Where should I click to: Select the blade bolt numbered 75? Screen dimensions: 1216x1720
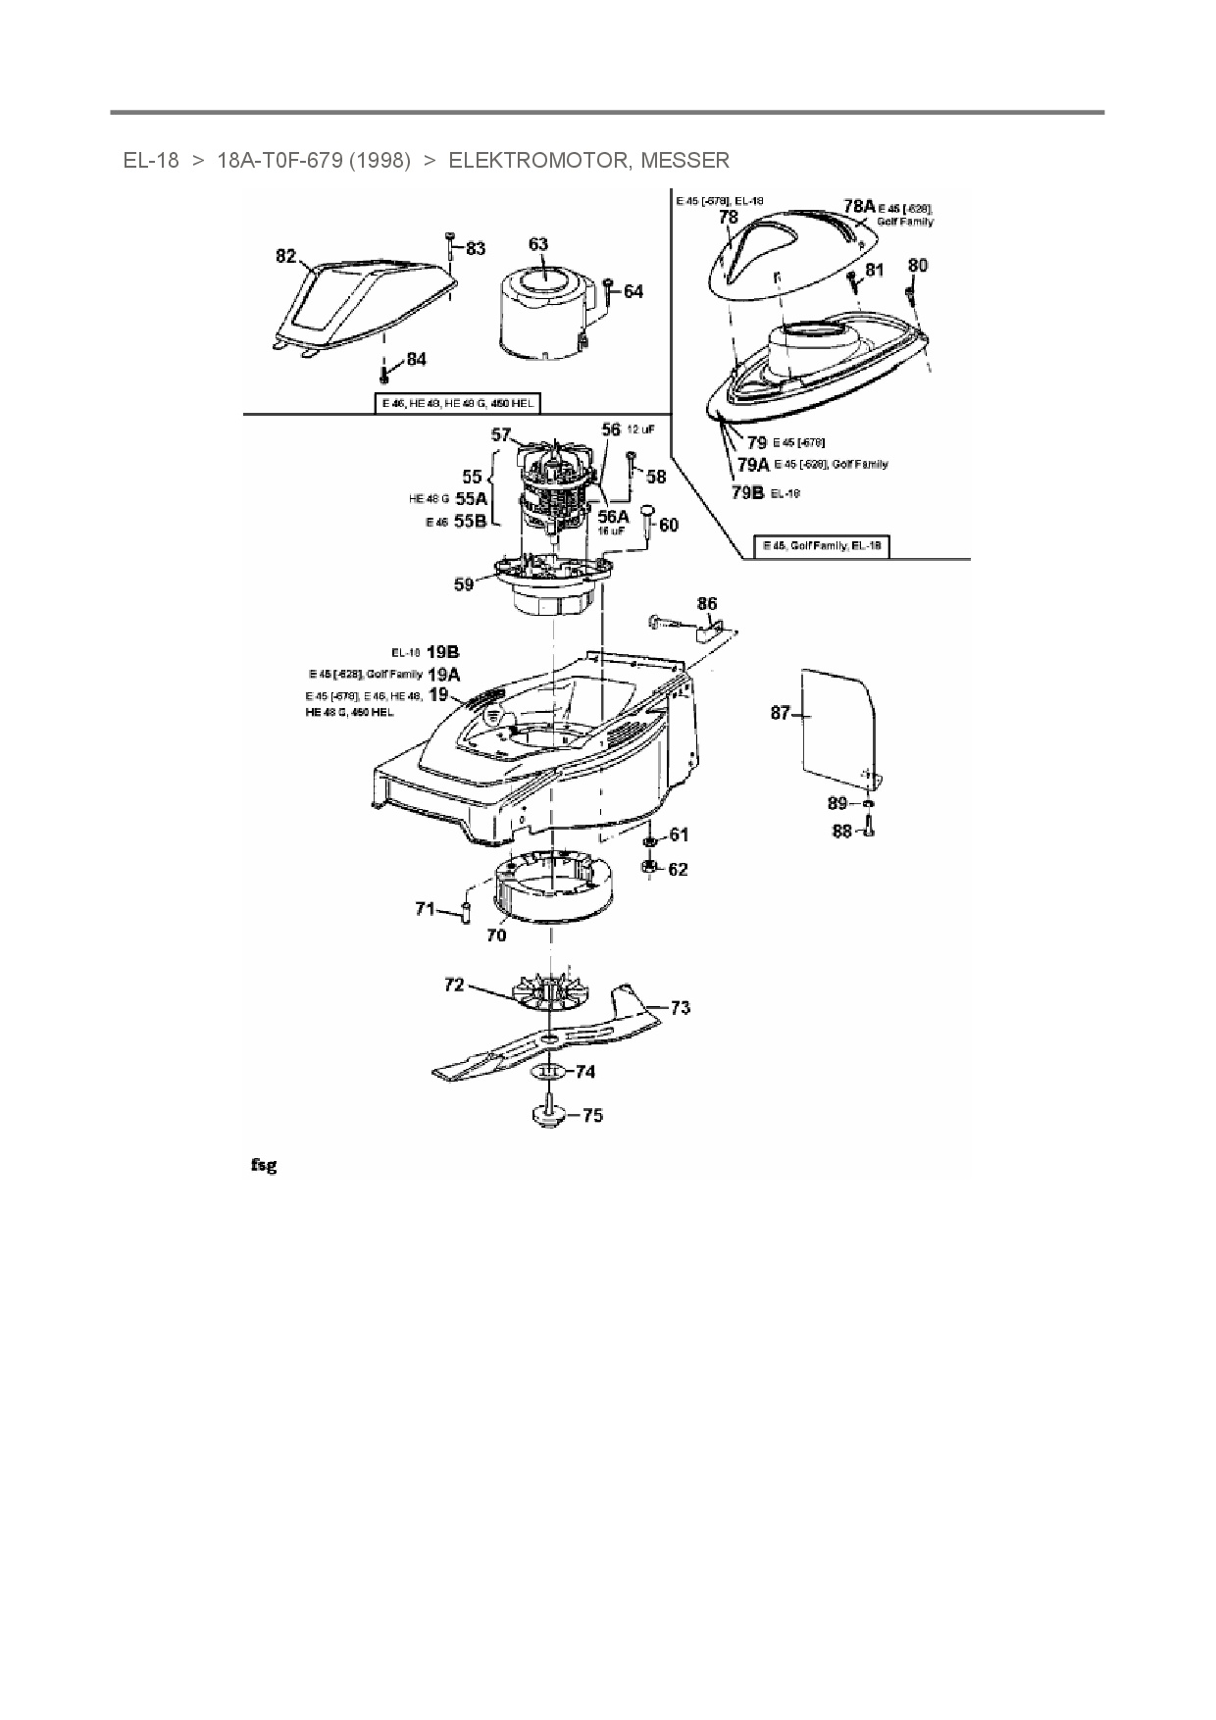(548, 1114)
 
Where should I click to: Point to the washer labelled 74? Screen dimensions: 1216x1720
(550, 1071)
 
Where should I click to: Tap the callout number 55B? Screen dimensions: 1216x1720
(470, 522)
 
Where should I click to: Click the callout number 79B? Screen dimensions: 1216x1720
(747, 492)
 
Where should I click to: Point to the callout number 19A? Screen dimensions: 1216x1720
(443, 674)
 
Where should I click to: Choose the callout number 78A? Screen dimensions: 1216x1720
(858, 206)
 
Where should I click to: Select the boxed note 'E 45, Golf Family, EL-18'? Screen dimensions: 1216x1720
(821, 546)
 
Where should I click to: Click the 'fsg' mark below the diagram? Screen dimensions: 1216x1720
(263, 1165)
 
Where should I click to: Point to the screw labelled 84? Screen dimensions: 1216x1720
(383, 373)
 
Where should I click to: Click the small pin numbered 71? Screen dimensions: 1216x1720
(466, 911)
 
